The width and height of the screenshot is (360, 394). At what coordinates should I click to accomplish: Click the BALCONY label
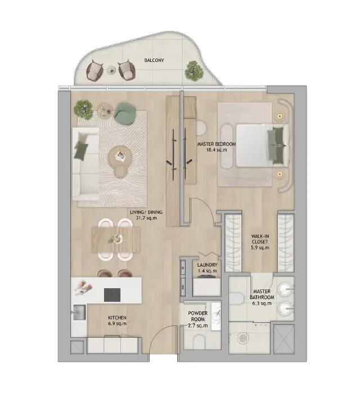click(x=154, y=60)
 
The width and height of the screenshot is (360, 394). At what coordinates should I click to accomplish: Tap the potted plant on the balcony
click(x=194, y=71)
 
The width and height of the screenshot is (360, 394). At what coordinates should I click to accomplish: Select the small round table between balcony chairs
click(x=111, y=70)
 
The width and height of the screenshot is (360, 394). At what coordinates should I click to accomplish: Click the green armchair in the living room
click(x=125, y=113)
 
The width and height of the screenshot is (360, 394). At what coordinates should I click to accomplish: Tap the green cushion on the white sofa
click(x=82, y=151)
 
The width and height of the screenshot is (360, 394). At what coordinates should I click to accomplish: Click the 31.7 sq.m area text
click(x=146, y=218)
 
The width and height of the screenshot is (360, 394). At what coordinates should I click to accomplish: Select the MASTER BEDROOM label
click(x=217, y=144)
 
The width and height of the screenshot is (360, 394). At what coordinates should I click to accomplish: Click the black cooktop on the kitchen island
click(x=112, y=295)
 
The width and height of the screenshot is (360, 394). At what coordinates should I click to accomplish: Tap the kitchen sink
click(x=79, y=312)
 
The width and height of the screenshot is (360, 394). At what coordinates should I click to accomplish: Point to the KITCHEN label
click(x=117, y=318)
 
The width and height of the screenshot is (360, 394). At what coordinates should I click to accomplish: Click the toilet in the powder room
click(x=200, y=342)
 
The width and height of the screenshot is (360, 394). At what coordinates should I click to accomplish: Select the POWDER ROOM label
click(x=198, y=316)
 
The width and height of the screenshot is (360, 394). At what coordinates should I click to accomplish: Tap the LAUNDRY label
click(x=207, y=265)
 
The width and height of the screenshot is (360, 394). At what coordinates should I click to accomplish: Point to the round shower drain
click(x=242, y=338)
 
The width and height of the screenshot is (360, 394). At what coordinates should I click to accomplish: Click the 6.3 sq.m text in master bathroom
click(x=262, y=303)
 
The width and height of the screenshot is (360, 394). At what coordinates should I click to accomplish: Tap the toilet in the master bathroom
click(x=236, y=298)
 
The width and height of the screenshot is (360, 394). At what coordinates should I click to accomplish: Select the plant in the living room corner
click(x=83, y=110)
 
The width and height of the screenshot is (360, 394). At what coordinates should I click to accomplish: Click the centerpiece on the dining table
click(x=116, y=238)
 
